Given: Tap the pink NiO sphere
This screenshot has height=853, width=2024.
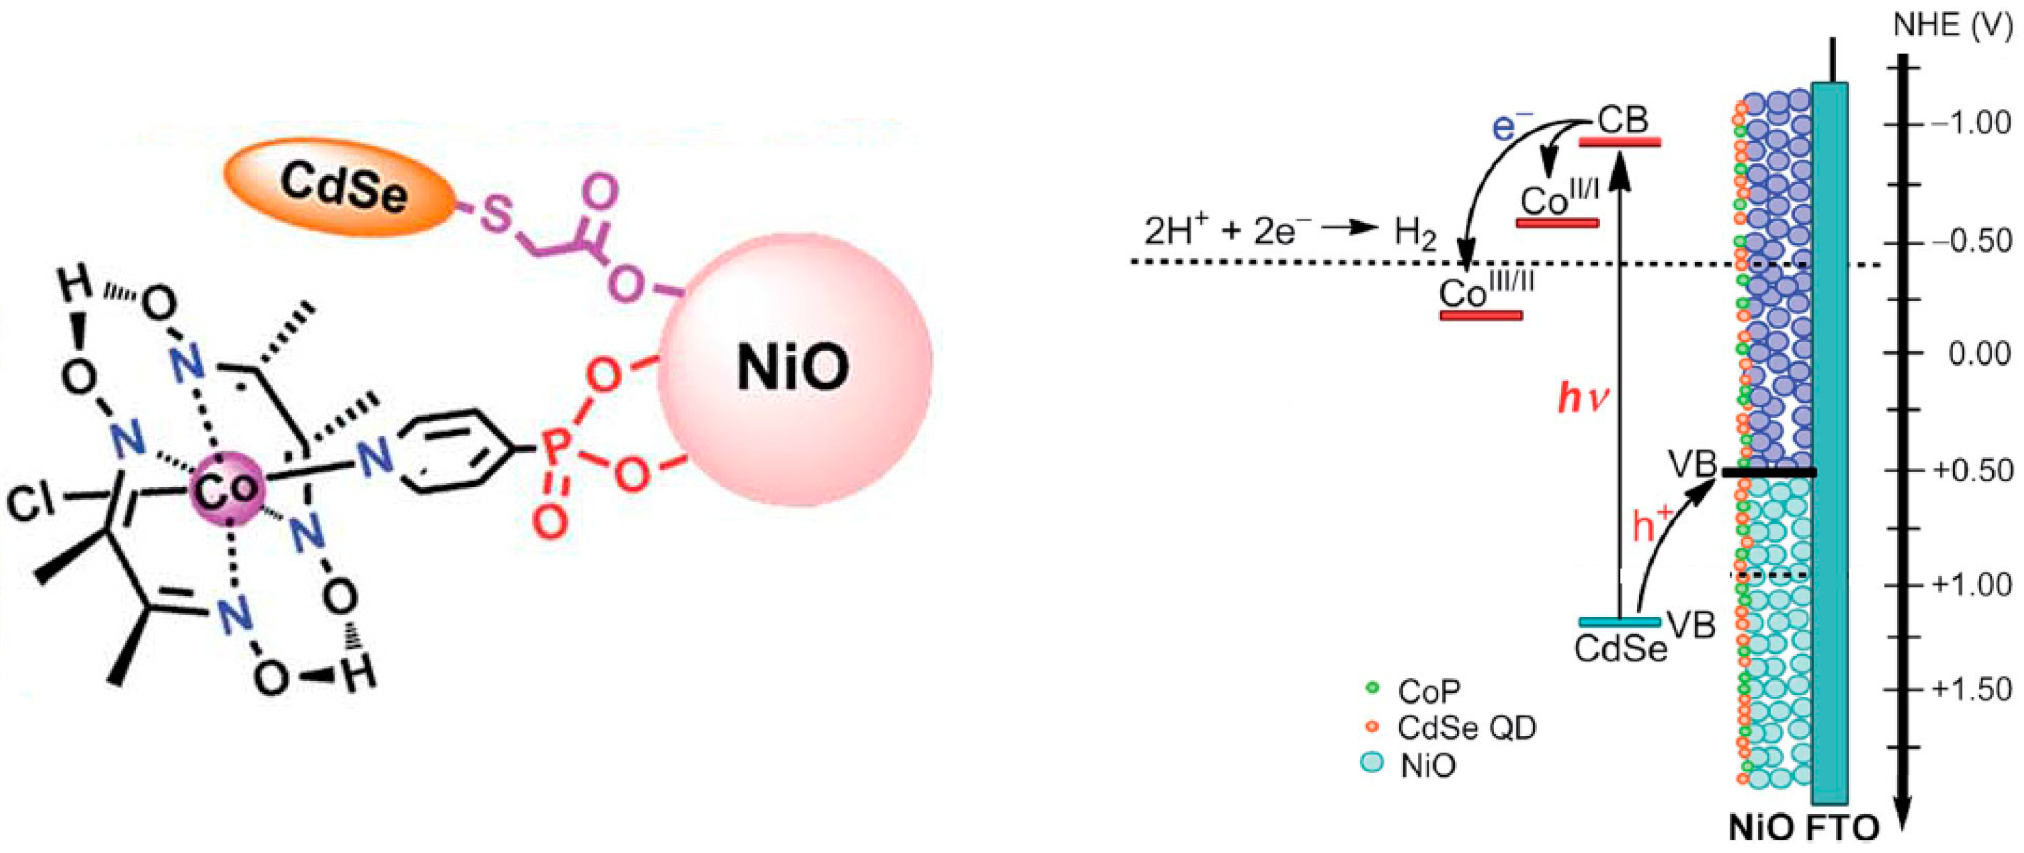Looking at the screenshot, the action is (x=794, y=369).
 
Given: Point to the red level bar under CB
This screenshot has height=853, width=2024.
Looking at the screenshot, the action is (x=1620, y=142).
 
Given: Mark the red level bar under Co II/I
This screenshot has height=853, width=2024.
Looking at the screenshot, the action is (x=1557, y=223).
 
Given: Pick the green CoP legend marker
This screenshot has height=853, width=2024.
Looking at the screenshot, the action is (x=1373, y=687).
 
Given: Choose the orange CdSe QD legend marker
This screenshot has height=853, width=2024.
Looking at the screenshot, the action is (x=1373, y=726).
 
